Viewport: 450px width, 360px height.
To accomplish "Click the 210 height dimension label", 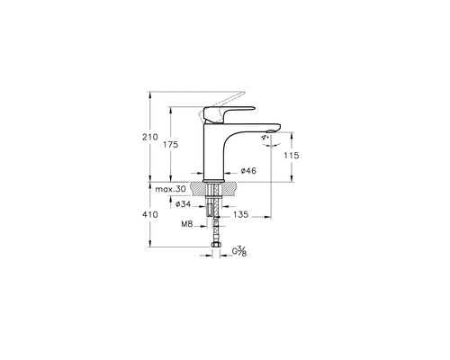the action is click(150, 137).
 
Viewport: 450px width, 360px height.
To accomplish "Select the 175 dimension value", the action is click(170, 144).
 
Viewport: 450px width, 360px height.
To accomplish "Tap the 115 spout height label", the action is click(292, 156).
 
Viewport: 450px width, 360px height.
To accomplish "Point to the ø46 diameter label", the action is click(248, 171).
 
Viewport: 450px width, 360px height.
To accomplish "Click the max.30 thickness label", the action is click(170, 189).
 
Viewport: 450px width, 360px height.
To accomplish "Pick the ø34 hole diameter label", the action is click(183, 204).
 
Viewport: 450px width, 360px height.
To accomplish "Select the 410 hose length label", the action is click(150, 214).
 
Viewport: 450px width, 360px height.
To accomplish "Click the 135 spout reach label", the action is click(240, 214).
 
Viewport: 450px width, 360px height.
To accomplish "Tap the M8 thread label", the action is click(187, 224).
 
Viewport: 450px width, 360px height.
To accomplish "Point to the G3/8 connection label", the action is click(239, 251).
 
